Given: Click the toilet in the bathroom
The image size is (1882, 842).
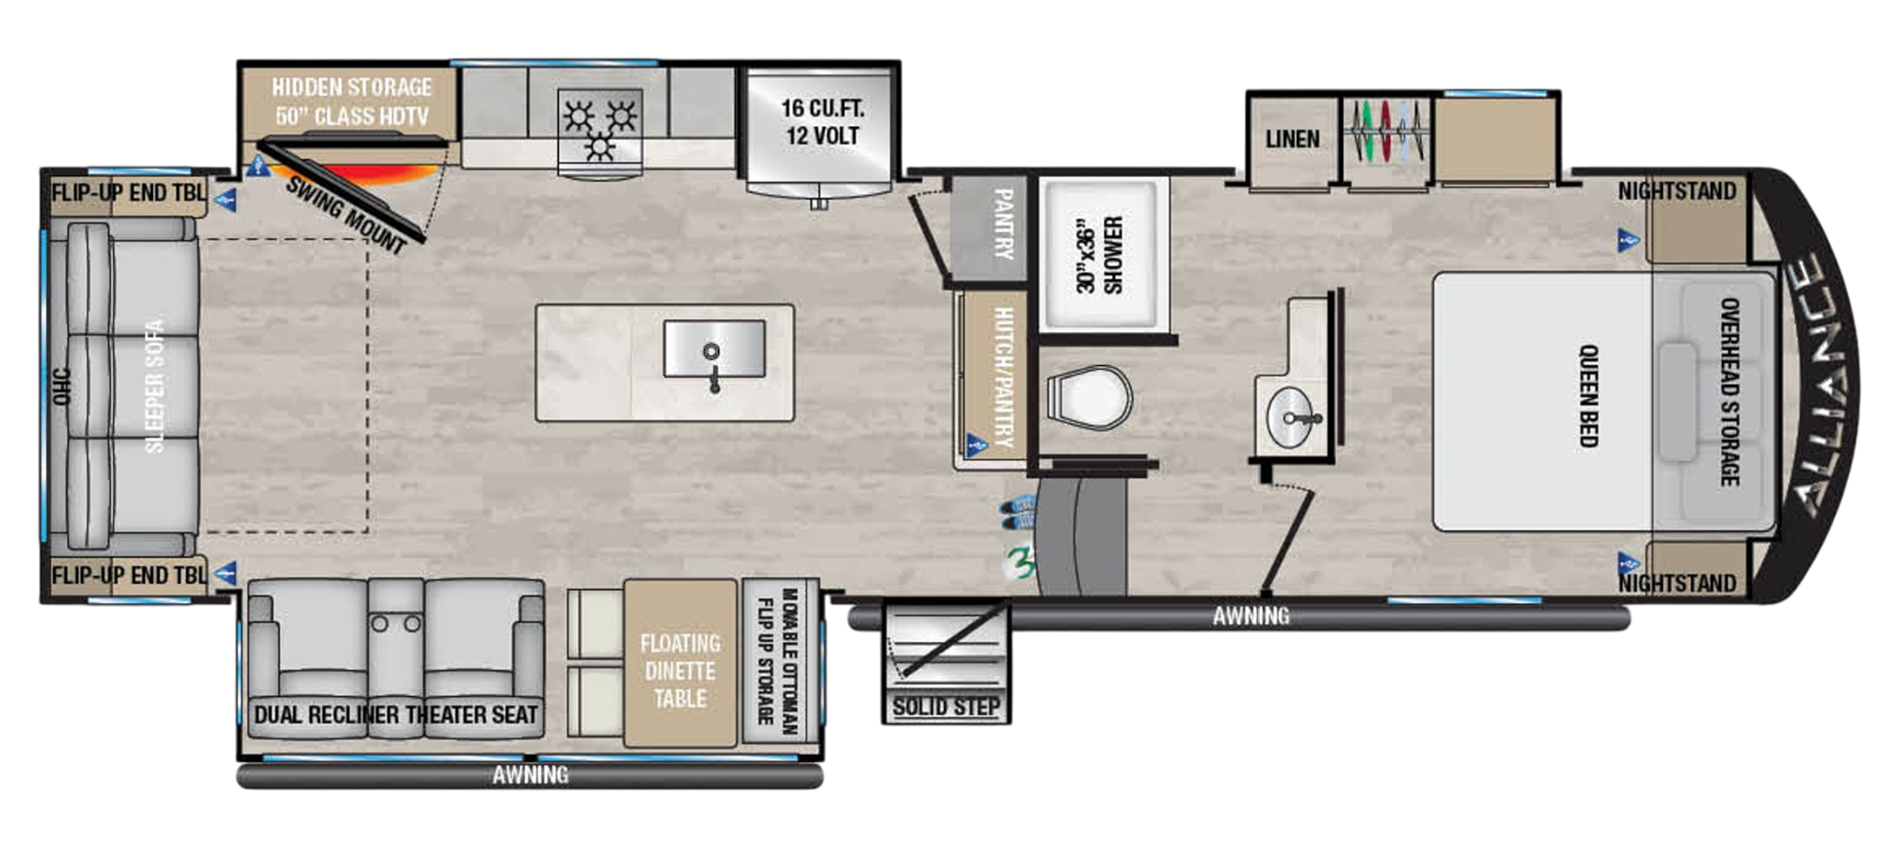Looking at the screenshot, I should tap(1090, 397).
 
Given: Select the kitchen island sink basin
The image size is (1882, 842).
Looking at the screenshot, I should tap(713, 348).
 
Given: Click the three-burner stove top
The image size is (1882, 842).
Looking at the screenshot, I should tap(599, 130).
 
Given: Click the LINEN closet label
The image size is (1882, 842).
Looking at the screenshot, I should tap(1292, 139).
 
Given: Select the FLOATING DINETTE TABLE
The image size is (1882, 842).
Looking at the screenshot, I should tap(679, 670).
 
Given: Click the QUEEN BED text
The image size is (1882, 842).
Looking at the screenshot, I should tap(1588, 395).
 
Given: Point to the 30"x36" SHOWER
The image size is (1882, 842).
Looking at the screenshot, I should tap(1101, 254).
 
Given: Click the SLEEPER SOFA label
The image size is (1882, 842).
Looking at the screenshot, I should tap(154, 386).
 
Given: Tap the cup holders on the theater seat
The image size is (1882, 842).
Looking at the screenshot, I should tap(395, 623).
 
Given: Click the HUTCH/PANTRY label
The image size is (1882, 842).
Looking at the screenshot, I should tap(1002, 376).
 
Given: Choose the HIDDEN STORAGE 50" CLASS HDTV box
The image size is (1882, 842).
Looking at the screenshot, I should tap(351, 102).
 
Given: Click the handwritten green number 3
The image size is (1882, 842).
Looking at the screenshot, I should tap(1019, 563).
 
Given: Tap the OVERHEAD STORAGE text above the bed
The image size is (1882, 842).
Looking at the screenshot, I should tap(1729, 391).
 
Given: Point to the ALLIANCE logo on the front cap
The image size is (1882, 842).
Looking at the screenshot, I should tap(1821, 386).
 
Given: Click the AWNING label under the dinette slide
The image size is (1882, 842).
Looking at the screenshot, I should tap(530, 775).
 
